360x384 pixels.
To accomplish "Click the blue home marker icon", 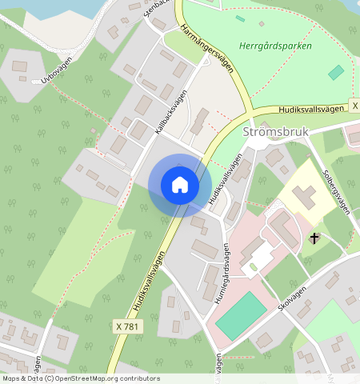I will [180, 185].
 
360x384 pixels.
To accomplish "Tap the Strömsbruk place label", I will [274, 132].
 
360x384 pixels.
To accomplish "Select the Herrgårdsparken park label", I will [275, 46].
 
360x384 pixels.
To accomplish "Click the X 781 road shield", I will [127, 326].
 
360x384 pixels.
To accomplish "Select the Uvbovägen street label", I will [62, 72].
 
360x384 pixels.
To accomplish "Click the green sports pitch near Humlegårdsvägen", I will [241, 314].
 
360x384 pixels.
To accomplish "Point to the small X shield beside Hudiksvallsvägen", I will [353, 106].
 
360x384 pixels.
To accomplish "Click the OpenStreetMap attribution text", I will [80, 378].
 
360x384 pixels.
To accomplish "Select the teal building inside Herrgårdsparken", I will [336, 72].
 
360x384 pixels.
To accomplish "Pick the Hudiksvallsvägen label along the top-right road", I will [313, 108].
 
